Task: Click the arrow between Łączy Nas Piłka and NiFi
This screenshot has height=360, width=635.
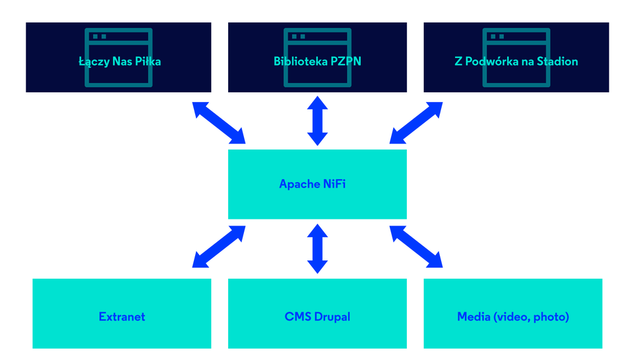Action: [x=219, y=123]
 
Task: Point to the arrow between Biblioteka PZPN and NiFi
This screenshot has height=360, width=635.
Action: [x=317, y=121]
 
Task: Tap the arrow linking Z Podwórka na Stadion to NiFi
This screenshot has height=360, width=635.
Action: [x=416, y=123]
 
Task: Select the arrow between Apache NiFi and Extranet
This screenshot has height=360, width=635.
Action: [x=219, y=247]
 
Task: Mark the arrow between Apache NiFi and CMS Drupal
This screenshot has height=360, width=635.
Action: [x=317, y=248]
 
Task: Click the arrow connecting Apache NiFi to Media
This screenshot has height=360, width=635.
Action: [x=416, y=247]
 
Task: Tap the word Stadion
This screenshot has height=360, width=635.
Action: [x=557, y=62]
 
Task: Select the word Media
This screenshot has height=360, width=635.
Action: [x=472, y=317]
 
